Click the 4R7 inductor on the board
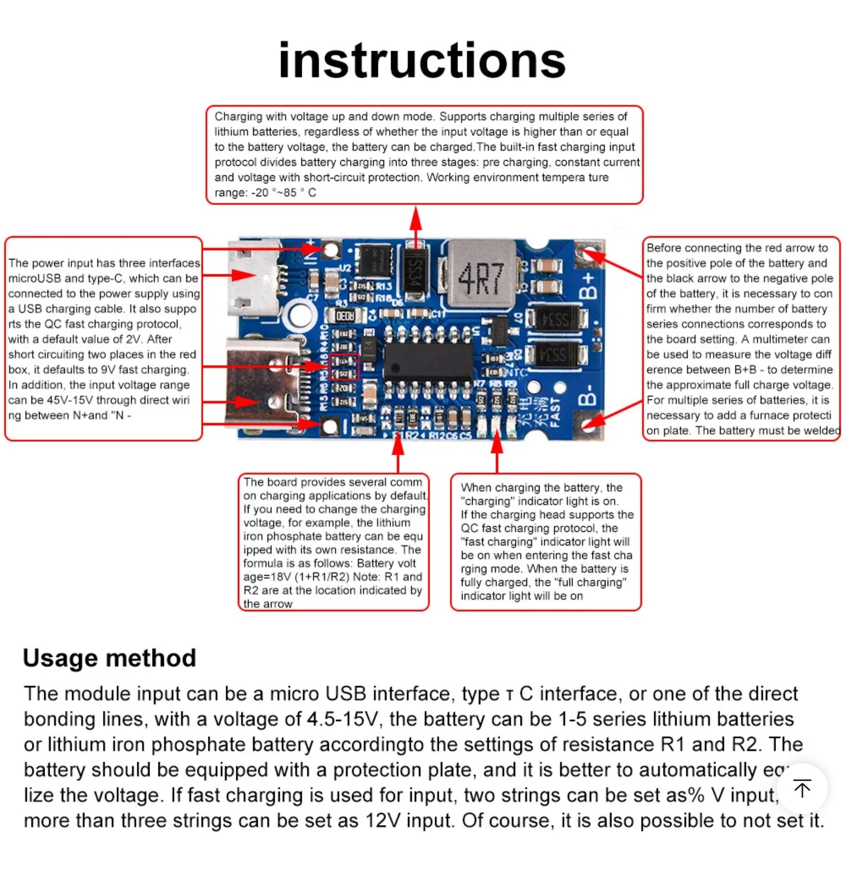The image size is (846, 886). coord(480,276)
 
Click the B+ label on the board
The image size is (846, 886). coord(588,285)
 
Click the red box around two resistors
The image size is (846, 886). coord(344,367)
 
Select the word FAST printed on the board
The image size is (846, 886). coord(555,412)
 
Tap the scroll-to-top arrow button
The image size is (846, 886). coord(802,788)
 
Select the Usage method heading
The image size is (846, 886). coord(110,658)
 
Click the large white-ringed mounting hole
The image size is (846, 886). coord(300,315)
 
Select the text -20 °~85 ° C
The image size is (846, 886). coord(284,193)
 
